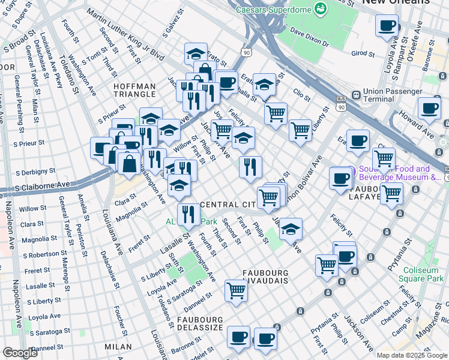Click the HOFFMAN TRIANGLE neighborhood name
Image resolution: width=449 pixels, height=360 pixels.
[136, 91]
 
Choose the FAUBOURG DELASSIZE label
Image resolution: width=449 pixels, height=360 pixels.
[200, 325]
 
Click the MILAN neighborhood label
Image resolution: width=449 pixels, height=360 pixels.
[117, 347]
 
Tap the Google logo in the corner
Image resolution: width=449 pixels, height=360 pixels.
[20, 352]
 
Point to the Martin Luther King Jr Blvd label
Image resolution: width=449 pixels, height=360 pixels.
[125, 34]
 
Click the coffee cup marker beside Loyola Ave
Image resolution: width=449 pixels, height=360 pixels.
[387, 25]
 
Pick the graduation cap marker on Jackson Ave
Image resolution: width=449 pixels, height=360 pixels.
[291, 229]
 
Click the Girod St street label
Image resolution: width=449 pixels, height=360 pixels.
[363, 53]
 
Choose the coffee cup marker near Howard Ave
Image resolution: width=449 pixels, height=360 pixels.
[429, 108]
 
